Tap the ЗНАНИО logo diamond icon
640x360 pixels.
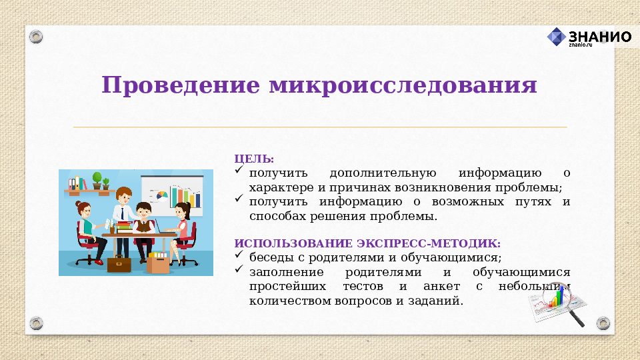(556, 37)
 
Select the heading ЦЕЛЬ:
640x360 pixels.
(254, 159)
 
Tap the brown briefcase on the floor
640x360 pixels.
(119, 263)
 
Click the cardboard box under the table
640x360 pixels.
(159, 263)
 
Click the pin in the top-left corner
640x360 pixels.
(35, 35)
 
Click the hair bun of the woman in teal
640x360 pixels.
(79, 203)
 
